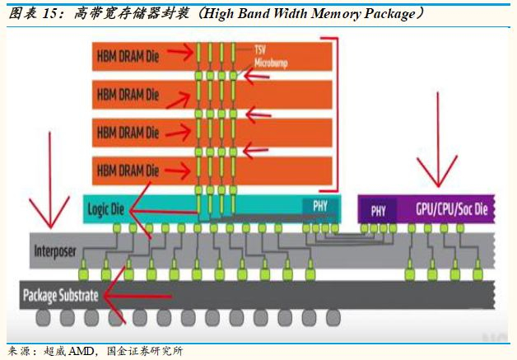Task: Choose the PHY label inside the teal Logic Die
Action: coord(318,204)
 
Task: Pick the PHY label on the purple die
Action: coord(378,210)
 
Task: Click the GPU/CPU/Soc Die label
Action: coord(452,210)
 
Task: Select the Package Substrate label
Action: coord(61,295)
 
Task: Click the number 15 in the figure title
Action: coord(44,14)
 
